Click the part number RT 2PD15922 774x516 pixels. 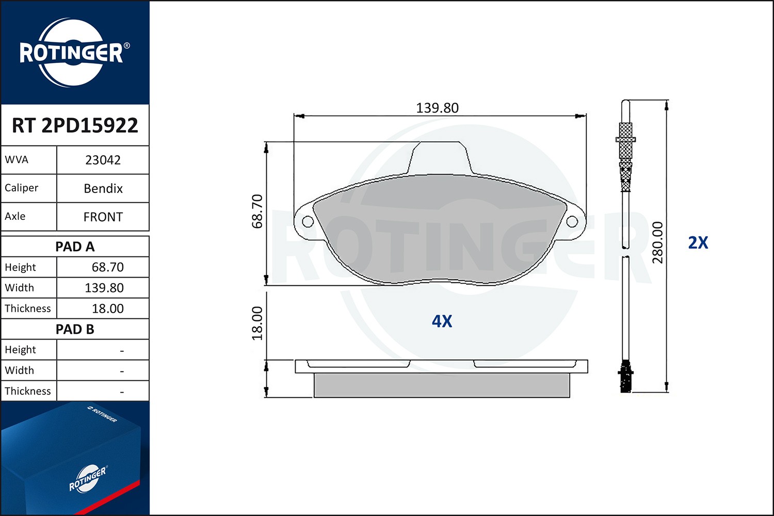(x=75, y=125)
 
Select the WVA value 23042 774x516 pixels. (x=103, y=160)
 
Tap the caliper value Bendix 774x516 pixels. (x=103, y=188)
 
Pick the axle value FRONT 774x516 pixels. (x=103, y=217)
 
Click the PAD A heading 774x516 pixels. (x=75, y=247)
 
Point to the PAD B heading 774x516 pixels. (x=75, y=329)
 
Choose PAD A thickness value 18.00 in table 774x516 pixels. (x=107, y=309)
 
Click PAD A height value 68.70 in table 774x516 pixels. (x=107, y=267)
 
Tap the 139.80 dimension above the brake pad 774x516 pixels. (x=437, y=108)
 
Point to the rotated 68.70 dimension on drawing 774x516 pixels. (x=257, y=211)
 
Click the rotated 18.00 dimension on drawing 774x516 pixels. (x=257, y=324)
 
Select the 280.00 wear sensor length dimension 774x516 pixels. (x=657, y=243)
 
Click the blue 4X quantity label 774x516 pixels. (x=442, y=321)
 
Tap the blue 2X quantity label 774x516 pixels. (x=698, y=243)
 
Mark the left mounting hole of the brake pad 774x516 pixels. (x=308, y=222)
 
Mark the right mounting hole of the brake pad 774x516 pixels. (x=572, y=222)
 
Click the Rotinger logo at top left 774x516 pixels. (x=72, y=53)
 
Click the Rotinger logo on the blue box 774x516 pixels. (x=88, y=479)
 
